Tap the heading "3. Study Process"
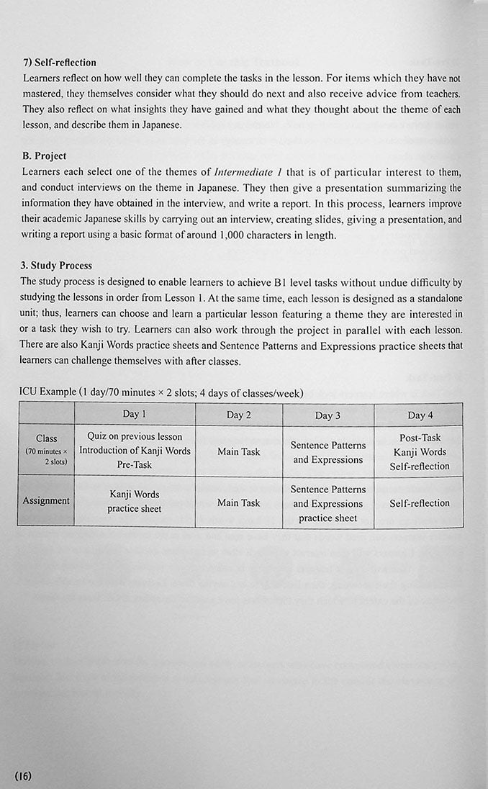coord(57,266)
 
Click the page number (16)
coord(23,775)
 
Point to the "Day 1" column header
coord(135,414)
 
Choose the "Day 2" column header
coord(239,415)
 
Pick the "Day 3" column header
coord(327,415)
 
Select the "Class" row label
coord(46,438)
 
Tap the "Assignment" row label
coord(46,500)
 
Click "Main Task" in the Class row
coord(239,451)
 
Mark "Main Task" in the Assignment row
coord(239,502)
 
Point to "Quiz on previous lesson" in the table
coord(135,436)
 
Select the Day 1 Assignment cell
coord(135,501)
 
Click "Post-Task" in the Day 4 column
coord(420,438)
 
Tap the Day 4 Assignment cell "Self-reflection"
coord(420,502)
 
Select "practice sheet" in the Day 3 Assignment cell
coord(327,518)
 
